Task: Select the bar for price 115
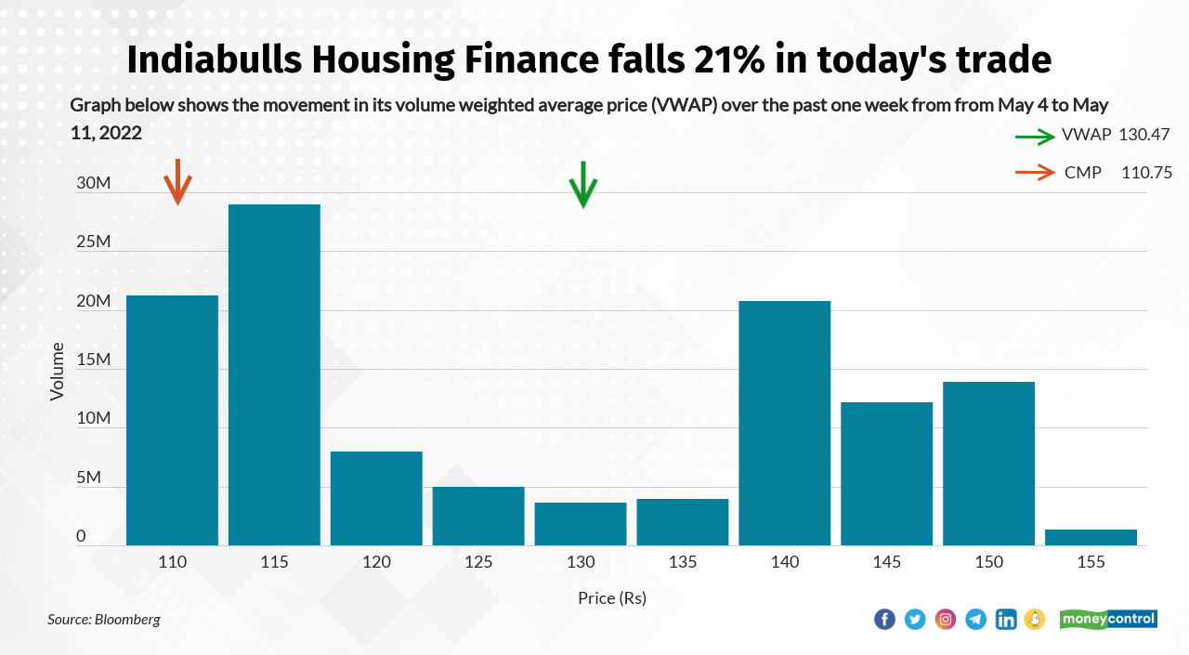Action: [x=274, y=374]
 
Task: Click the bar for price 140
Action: [x=784, y=423]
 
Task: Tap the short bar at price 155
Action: [x=1091, y=537]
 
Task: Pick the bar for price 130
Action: [x=581, y=524]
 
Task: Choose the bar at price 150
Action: [x=988, y=463]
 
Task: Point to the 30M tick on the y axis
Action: [x=94, y=183]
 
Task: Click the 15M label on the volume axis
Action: [x=94, y=360]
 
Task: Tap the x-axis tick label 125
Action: [x=478, y=562]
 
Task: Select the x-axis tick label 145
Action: [x=886, y=562]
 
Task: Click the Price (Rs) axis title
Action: [x=611, y=598]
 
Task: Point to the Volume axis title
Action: [x=58, y=372]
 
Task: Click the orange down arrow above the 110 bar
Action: [x=176, y=182]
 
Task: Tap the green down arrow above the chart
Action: [x=582, y=185]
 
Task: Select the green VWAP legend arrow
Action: [x=1035, y=136]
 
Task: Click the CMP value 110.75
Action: [x=1146, y=172]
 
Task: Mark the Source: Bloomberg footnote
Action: [x=104, y=619]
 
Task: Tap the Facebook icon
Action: [x=884, y=619]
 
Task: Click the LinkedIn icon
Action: [x=1005, y=619]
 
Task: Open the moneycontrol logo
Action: [x=1108, y=619]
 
